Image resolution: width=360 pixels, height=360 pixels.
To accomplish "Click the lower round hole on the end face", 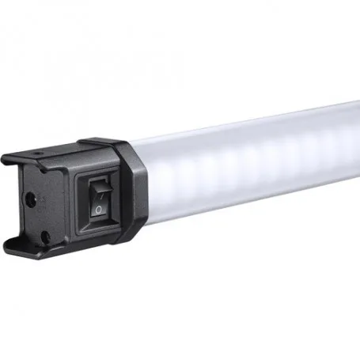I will (x=44, y=235).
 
